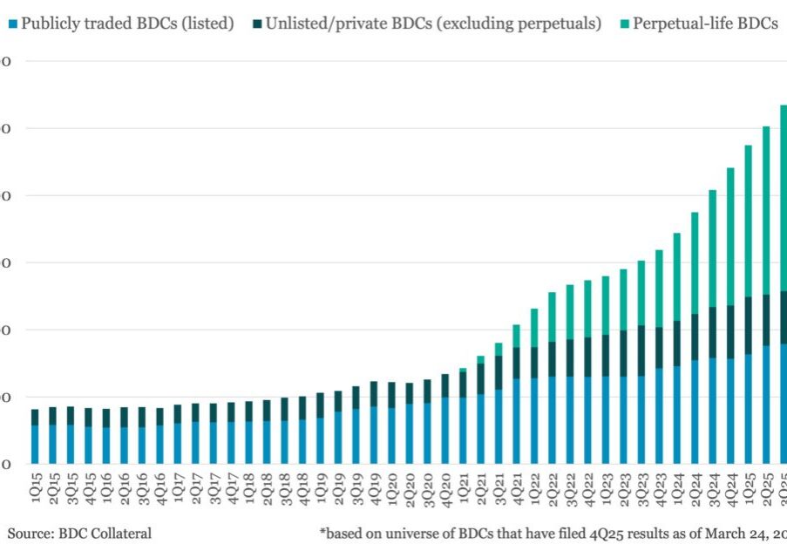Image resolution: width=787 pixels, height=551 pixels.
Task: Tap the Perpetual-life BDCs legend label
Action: [705, 24]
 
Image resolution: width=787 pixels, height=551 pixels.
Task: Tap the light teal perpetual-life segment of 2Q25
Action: [766, 210]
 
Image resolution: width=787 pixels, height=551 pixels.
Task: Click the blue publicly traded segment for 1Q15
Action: [35, 444]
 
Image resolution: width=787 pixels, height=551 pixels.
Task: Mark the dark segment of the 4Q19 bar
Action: [373, 394]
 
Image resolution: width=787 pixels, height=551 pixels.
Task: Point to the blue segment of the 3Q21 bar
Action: [499, 426]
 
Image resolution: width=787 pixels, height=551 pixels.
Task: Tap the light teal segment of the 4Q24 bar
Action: [730, 236]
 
